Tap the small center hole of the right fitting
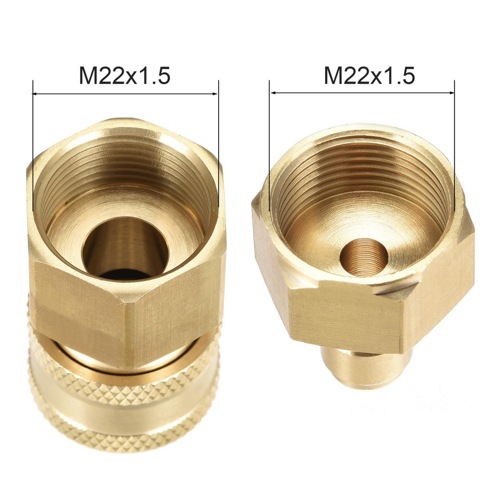click(363, 257)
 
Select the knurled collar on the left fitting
click(123, 403)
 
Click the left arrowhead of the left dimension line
click(35, 94)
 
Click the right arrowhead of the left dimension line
click(216, 94)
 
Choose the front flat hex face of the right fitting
click(348, 318)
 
